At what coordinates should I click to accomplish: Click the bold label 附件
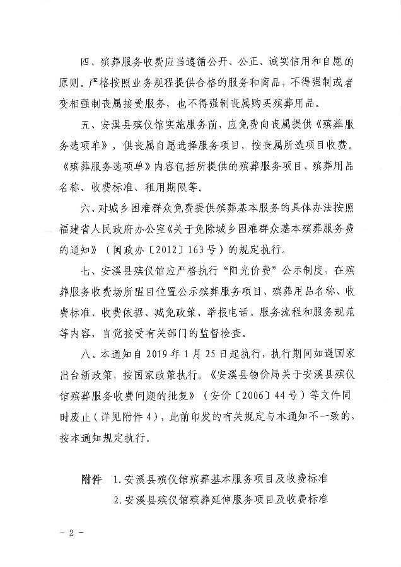coord(91,479)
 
